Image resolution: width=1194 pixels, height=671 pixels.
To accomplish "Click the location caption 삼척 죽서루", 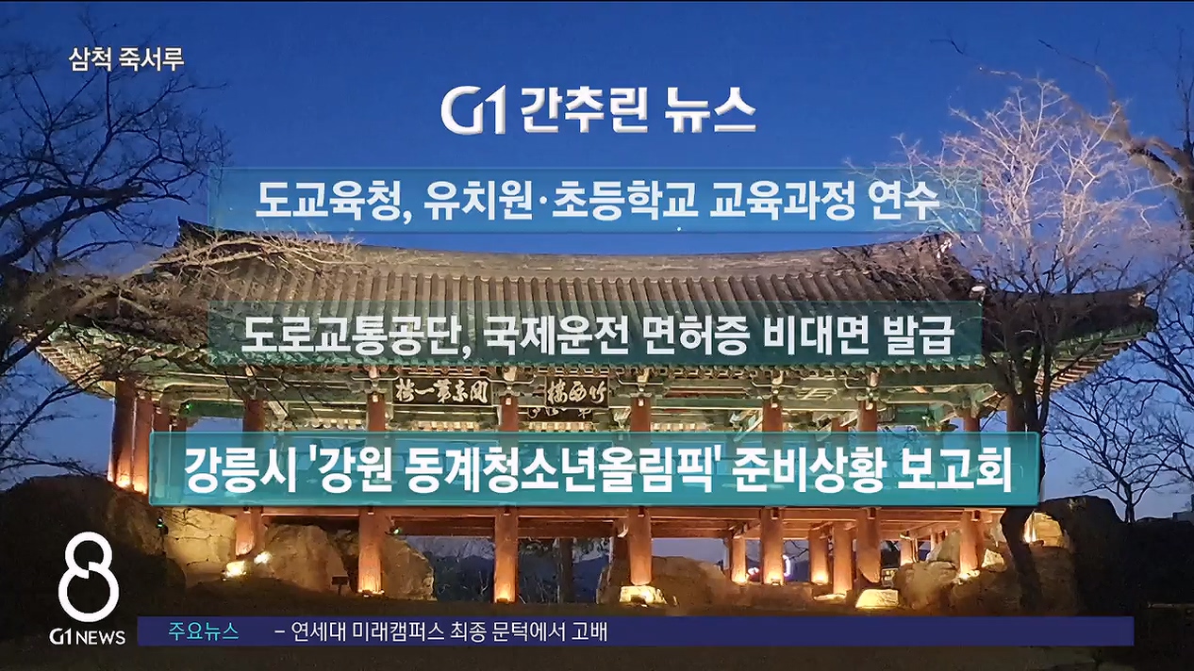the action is pos(126,59).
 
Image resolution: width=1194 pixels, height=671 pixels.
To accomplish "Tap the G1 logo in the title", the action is pos(473,112).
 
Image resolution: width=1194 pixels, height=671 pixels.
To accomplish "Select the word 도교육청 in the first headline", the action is pos(328,201).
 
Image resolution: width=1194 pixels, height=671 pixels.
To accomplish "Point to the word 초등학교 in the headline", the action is pos(624,201).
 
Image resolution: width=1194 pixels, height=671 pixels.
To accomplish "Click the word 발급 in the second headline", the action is pos(919,335).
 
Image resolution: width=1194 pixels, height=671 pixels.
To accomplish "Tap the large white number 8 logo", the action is pos(89,577).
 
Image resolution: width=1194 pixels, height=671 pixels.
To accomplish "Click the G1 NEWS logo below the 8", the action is pos(88,636).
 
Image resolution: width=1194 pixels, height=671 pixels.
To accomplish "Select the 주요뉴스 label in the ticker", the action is pos(204,631).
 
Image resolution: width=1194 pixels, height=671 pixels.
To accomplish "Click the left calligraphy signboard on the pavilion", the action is pos(441,391).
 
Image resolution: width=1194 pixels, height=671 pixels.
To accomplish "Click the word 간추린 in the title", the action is pos(584,111).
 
